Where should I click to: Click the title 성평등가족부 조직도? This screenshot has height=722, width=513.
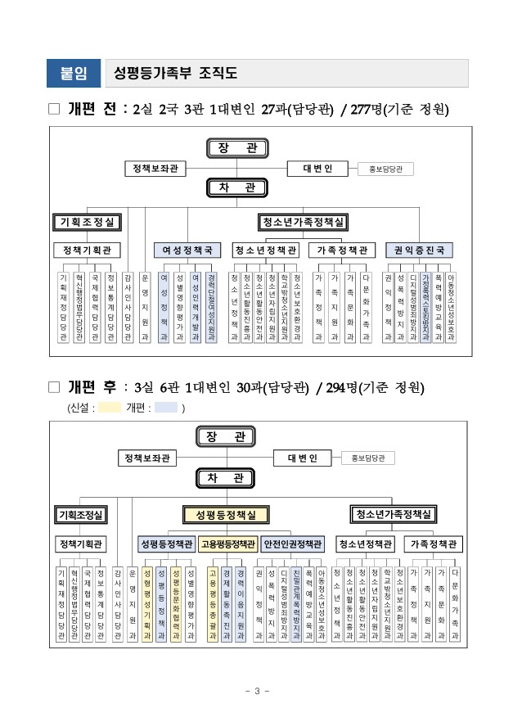(x=177, y=74)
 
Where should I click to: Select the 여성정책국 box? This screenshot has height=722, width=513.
(x=187, y=250)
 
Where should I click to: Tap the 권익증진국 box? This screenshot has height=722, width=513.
(x=419, y=250)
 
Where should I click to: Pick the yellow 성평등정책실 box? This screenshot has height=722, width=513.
(x=226, y=515)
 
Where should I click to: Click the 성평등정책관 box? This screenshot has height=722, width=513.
(x=167, y=544)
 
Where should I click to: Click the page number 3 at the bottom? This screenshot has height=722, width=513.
(x=256, y=692)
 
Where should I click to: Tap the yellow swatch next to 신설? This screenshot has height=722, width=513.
(x=110, y=407)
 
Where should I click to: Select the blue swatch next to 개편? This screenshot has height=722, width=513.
(x=166, y=407)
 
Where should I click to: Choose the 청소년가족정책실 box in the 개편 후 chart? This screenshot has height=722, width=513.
(x=390, y=515)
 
